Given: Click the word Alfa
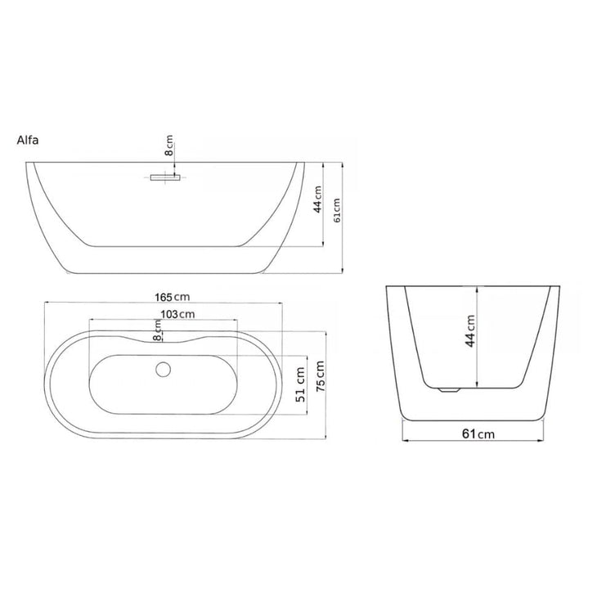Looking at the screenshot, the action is (x=28, y=140).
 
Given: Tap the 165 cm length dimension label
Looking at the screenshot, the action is (x=173, y=297).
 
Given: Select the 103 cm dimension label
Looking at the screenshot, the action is (x=177, y=314).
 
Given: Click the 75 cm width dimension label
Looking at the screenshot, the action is (x=320, y=375).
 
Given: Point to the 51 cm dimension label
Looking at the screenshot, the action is (x=301, y=384).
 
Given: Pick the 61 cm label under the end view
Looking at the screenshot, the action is (x=478, y=433).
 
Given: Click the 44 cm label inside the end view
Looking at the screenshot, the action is (x=470, y=330).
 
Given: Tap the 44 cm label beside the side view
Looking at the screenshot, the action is (x=317, y=200).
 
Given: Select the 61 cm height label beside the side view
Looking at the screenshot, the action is (x=337, y=210).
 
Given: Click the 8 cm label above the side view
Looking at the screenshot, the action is (x=168, y=146).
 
